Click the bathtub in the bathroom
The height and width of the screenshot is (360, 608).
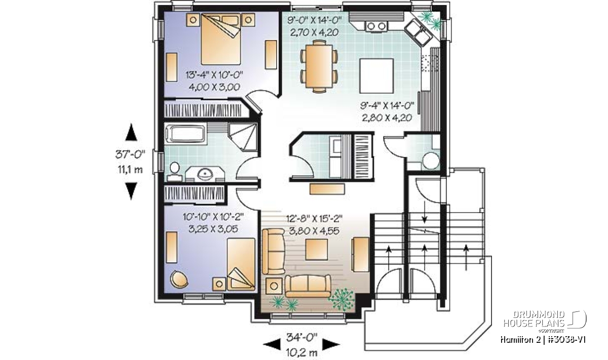click(x=186, y=134)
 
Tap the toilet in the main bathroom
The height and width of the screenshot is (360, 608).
click(x=174, y=172)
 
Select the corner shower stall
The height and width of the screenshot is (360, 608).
click(x=242, y=137)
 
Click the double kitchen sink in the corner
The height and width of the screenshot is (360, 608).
click(x=417, y=32)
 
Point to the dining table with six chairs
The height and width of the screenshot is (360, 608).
click(x=319, y=66)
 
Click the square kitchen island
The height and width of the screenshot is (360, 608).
click(x=376, y=76)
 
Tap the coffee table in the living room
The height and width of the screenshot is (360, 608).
click(x=317, y=249)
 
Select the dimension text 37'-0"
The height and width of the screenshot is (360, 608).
click(x=130, y=154)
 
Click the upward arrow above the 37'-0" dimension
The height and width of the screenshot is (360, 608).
click(x=131, y=132)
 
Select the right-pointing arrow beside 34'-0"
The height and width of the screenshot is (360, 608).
click(x=331, y=344)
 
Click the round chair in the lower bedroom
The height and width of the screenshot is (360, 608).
click(x=179, y=279)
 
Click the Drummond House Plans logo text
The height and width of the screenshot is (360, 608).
click(x=534, y=319)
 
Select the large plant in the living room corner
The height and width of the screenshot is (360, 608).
click(x=341, y=299)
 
